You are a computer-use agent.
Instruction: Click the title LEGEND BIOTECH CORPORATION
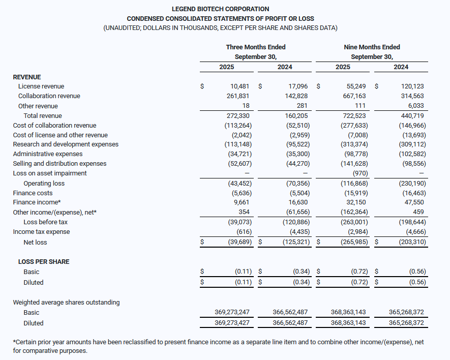(x=220, y=9)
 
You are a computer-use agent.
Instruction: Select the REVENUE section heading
(x=27, y=77)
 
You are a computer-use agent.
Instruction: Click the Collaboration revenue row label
(x=49, y=96)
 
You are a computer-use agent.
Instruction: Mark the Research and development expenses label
(x=66, y=144)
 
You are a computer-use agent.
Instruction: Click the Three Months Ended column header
(x=256, y=47)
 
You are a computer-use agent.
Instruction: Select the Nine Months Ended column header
(x=372, y=47)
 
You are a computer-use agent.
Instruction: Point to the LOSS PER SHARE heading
(x=44, y=262)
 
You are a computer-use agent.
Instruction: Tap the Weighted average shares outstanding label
(x=66, y=303)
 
